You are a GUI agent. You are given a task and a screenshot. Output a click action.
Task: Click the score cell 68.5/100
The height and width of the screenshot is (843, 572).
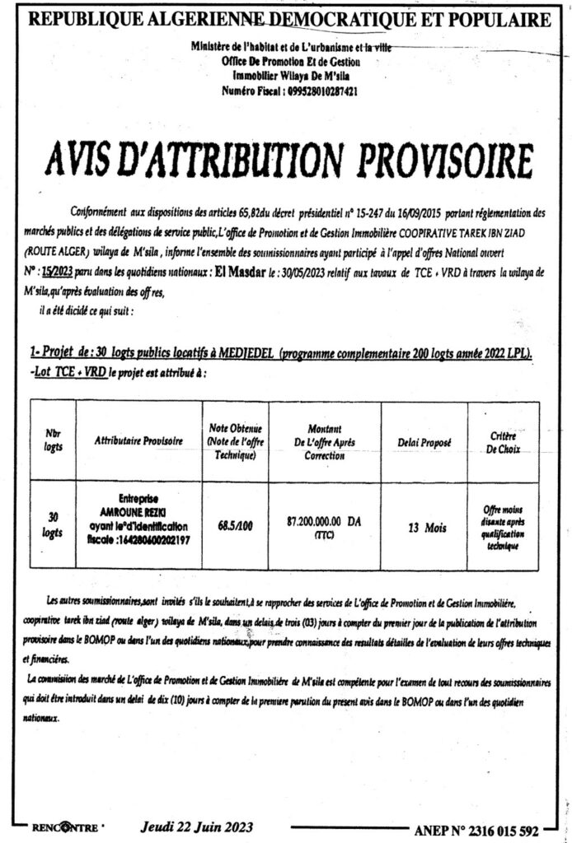coord(235,523)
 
